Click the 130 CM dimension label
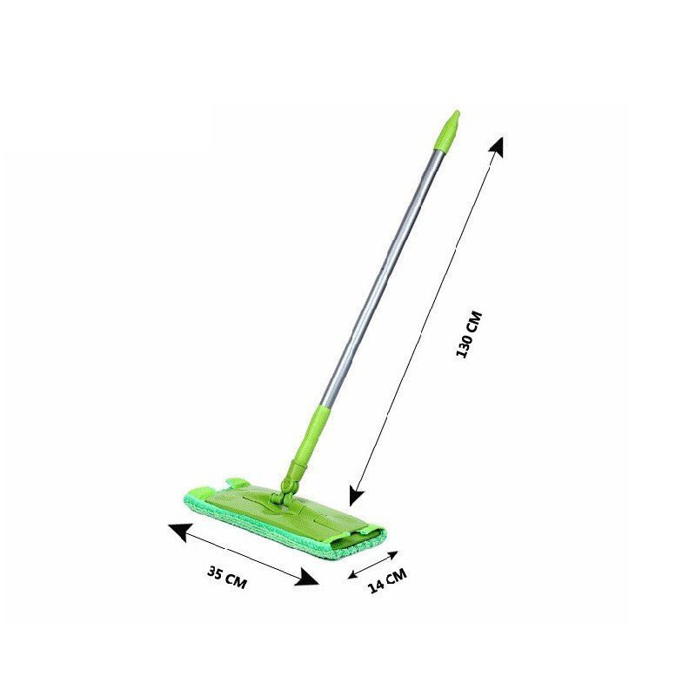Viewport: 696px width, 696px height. [469, 335]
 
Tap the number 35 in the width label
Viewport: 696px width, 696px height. [215, 572]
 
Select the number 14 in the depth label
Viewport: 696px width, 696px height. [377, 586]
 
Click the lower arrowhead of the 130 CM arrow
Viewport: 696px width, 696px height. [356, 495]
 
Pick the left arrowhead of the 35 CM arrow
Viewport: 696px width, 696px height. [179, 531]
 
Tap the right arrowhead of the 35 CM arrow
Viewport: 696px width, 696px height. [307, 578]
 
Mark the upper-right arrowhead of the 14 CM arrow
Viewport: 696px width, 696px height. [392, 555]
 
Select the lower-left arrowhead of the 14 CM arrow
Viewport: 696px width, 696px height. [353, 574]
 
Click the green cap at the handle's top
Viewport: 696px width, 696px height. [450, 129]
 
